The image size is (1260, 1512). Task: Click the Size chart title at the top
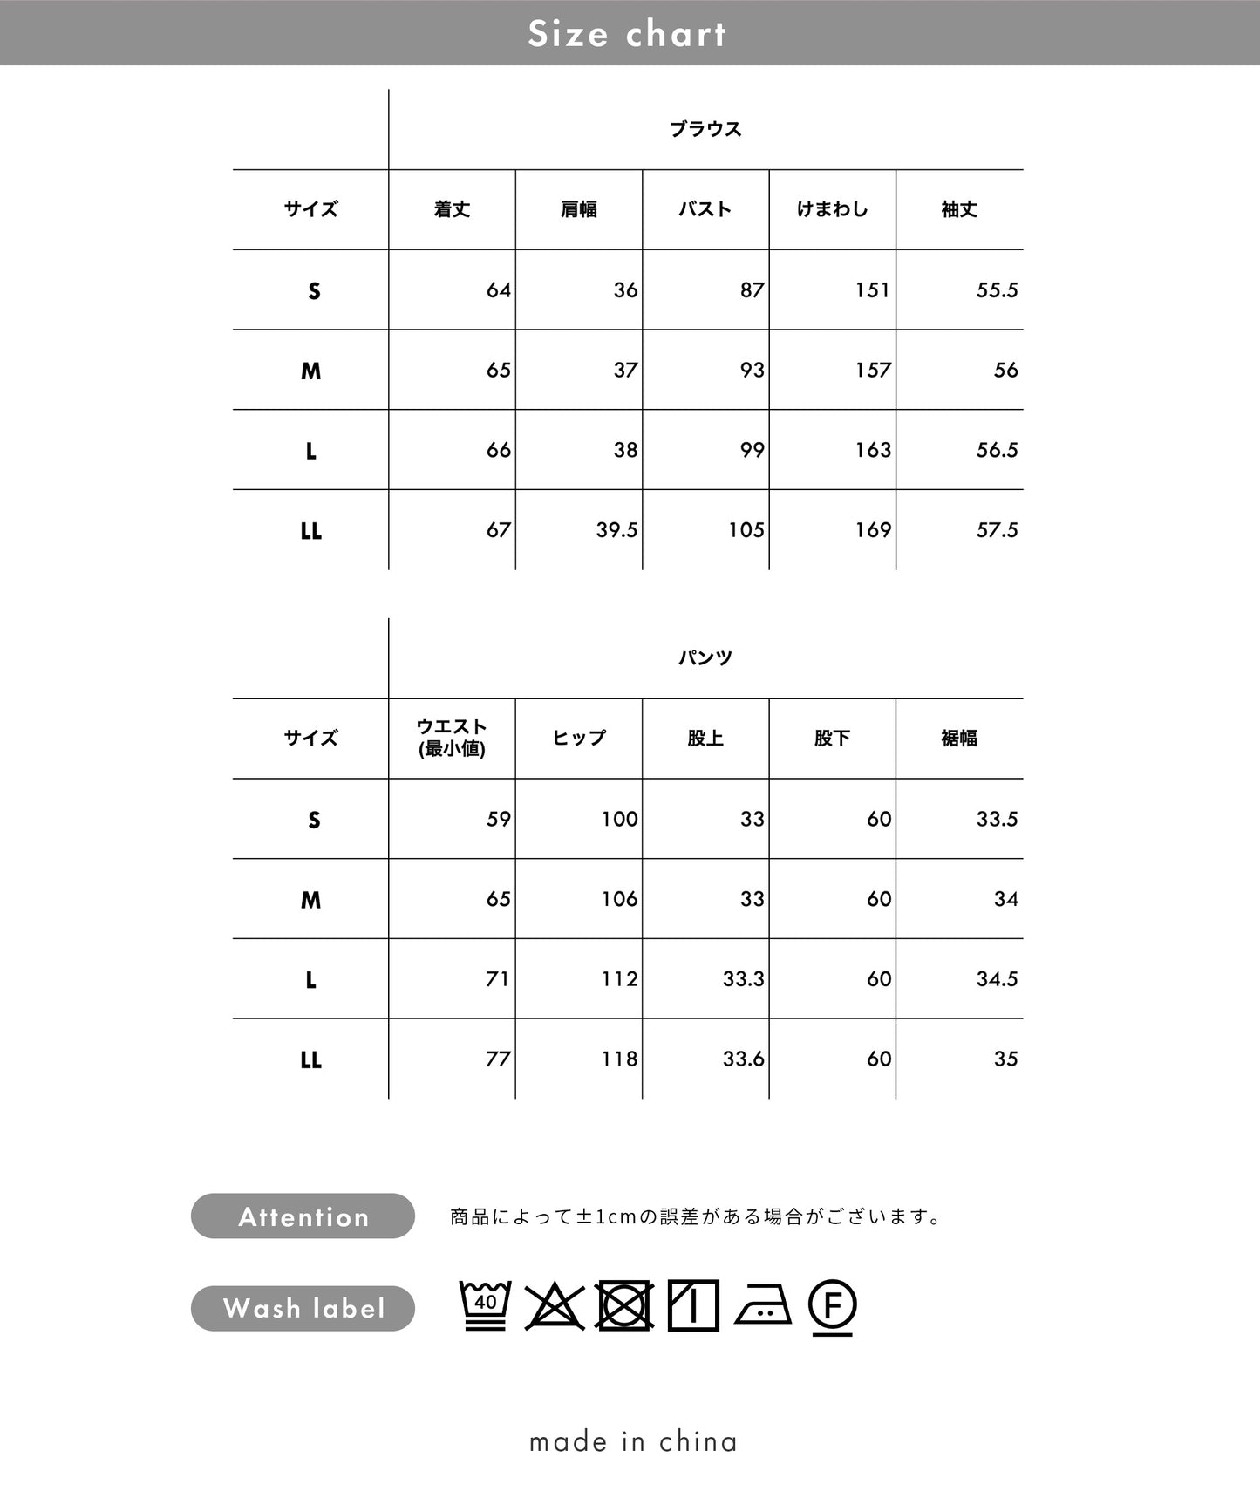627,34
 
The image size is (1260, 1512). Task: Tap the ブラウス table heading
705,129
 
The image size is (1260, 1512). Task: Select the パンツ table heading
705,657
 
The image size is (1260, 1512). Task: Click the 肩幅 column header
579,209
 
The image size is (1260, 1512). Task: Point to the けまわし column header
832,209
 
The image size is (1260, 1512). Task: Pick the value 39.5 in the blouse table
616,530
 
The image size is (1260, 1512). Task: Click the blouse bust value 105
746,530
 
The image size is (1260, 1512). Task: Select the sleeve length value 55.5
997,290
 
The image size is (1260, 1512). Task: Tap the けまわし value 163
873,450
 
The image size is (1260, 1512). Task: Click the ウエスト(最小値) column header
452,738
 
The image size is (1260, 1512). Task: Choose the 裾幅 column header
959,739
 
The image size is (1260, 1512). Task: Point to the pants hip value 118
619,1059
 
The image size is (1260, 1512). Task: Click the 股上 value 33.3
743,979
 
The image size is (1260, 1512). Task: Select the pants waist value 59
499,820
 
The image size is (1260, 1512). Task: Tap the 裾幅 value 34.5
997,979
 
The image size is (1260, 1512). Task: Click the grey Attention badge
303,1216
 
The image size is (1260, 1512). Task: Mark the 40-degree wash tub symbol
486,1305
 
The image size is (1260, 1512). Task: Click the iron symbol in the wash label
763,1306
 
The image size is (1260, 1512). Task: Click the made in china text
633,1441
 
